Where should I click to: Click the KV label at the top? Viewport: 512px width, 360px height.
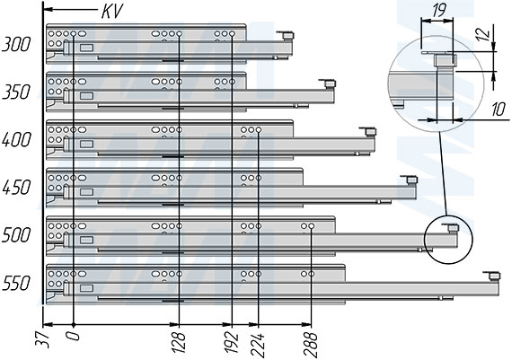pyautogui.click(x=112, y=12)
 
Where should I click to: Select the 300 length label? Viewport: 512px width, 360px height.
pyautogui.click(x=16, y=44)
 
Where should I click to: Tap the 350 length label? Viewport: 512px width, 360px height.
pyautogui.click(x=16, y=92)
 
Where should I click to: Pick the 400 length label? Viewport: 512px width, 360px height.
pyautogui.click(x=16, y=140)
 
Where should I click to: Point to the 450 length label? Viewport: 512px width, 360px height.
pyautogui.click(x=16, y=188)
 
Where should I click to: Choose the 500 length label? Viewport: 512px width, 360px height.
pyautogui.click(x=16, y=235)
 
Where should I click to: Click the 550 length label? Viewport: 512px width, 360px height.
pyautogui.click(x=16, y=284)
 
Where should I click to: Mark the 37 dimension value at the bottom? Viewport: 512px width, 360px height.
pyautogui.click(x=42, y=339)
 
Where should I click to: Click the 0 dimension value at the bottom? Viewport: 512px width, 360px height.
pyautogui.click(x=75, y=336)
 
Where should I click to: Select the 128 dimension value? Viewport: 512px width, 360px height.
pyautogui.click(x=179, y=342)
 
